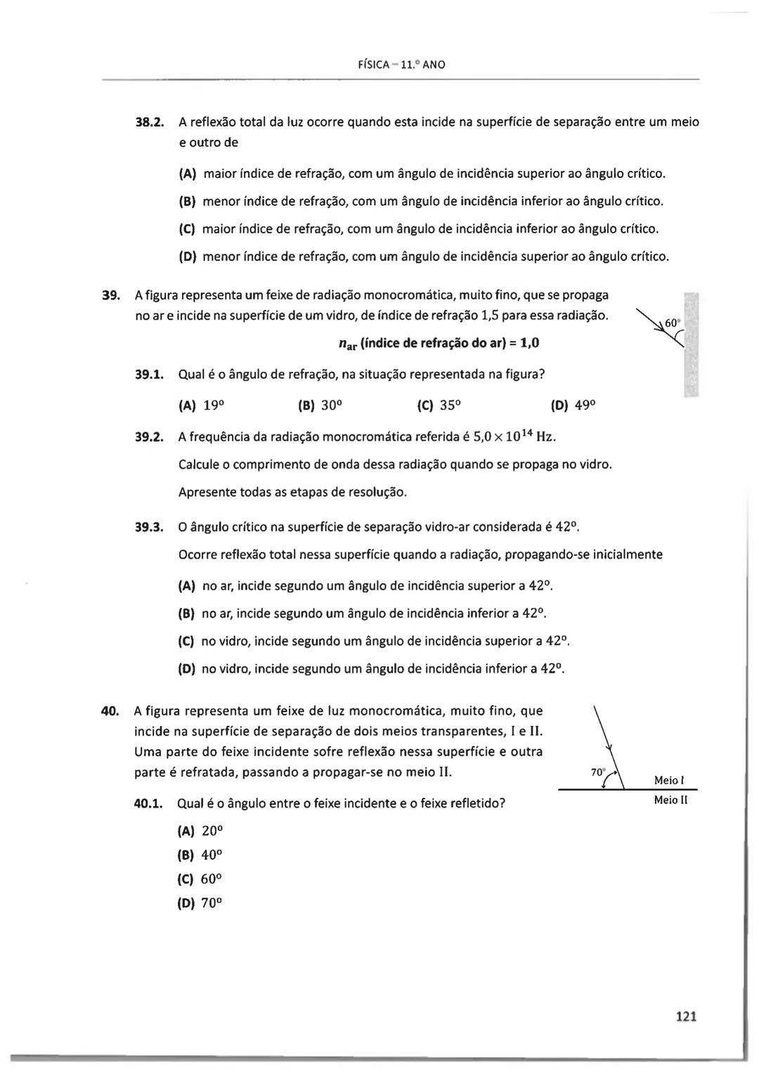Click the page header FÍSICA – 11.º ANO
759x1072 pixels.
click(x=401, y=65)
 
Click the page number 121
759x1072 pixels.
click(x=685, y=1016)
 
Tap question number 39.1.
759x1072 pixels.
click(x=149, y=374)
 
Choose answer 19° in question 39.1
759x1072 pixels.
click(x=214, y=406)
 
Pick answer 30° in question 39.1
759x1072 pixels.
click(x=330, y=406)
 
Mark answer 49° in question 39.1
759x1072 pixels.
click(x=585, y=406)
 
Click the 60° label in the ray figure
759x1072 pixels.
click(x=672, y=323)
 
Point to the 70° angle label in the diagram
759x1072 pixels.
click(x=597, y=772)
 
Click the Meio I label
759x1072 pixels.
click(x=669, y=780)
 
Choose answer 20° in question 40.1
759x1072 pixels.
click(x=212, y=831)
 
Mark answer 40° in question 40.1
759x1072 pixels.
click(x=212, y=855)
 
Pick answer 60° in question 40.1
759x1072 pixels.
click(x=212, y=879)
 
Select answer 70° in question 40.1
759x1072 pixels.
click(x=212, y=904)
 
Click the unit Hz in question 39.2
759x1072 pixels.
click(x=546, y=437)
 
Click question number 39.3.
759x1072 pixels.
click(x=149, y=527)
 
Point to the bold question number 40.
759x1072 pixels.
click(x=110, y=711)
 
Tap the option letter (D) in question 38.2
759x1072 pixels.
click(x=187, y=257)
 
